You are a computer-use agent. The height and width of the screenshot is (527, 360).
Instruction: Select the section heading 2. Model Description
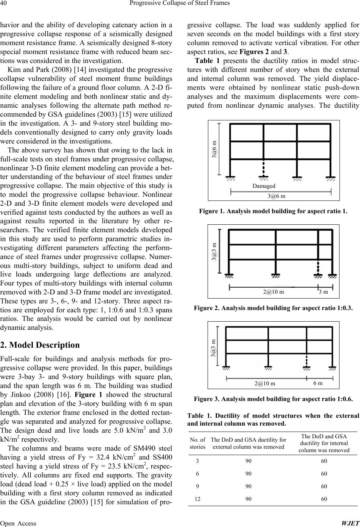pos(40,345)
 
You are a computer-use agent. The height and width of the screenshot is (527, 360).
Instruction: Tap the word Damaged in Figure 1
pos(263,186)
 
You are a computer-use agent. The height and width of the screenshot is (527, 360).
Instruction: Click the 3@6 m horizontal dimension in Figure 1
pos(276,196)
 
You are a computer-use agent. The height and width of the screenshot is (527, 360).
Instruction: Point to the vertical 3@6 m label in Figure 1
pos(214,149)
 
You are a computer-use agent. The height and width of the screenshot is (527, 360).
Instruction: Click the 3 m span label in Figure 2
pos(323,292)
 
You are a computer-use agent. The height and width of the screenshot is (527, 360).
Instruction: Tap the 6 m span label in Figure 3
pos(318,383)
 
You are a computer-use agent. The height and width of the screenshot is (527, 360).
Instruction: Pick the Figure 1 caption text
pos(273,211)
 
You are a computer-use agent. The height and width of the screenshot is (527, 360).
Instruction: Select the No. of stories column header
pos(197,443)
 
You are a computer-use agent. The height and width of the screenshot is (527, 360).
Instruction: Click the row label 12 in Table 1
pos(198,499)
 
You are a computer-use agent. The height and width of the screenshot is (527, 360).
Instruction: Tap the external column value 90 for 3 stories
pos(248,461)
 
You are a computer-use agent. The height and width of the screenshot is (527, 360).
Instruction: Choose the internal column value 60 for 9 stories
pos(324,486)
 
